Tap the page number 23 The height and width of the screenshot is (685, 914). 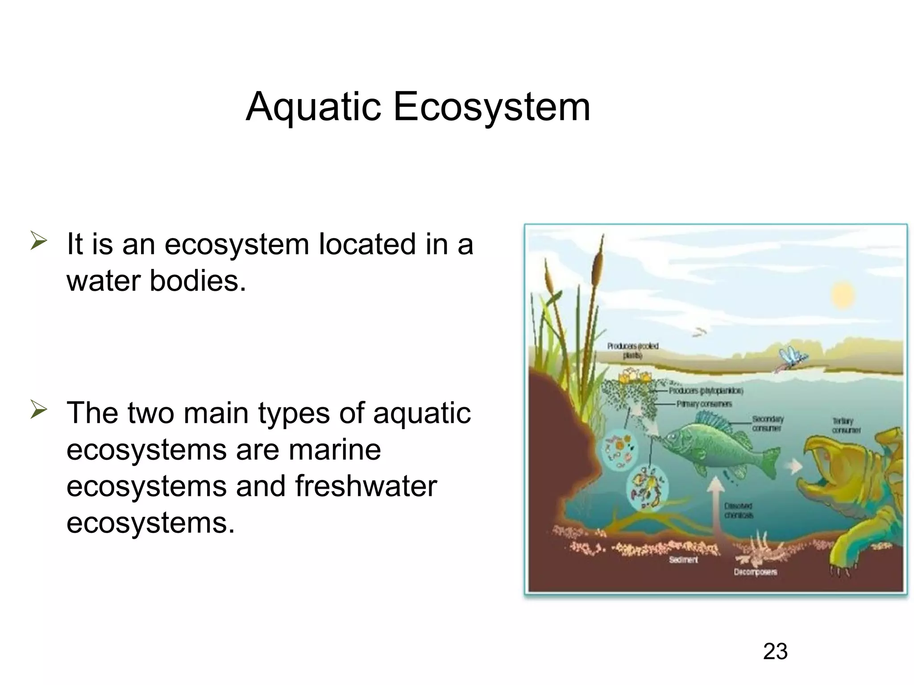pos(775,652)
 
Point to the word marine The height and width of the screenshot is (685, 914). pos(335,450)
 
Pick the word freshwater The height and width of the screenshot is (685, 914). pos(366,486)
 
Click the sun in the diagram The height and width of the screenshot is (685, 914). pos(843,294)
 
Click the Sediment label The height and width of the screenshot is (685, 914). pos(683,560)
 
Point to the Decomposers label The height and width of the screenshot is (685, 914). pos(755,572)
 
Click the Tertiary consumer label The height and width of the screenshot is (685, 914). pos(846,425)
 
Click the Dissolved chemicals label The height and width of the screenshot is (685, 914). pos(739,511)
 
